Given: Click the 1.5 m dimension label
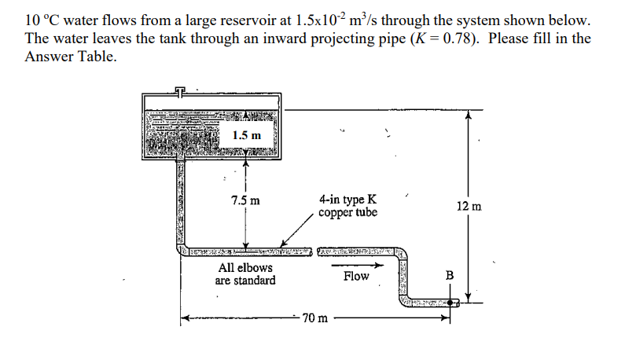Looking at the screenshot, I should [x=251, y=135].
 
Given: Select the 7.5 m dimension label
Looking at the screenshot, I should [x=246, y=200].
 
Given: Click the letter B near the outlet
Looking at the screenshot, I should [x=450, y=276].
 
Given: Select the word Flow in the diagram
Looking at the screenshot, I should [x=355, y=276].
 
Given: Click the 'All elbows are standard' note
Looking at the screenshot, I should [x=245, y=274].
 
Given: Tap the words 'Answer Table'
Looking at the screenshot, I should [x=72, y=57].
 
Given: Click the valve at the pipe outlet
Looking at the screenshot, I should [x=451, y=301].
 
